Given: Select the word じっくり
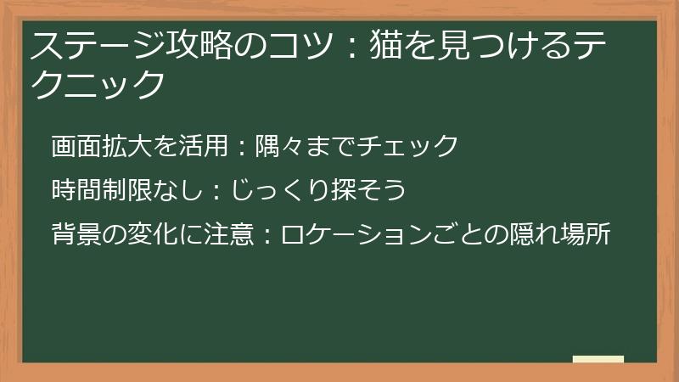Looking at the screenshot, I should (x=274, y=190).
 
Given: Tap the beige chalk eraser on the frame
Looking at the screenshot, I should (x=598, y=359).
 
